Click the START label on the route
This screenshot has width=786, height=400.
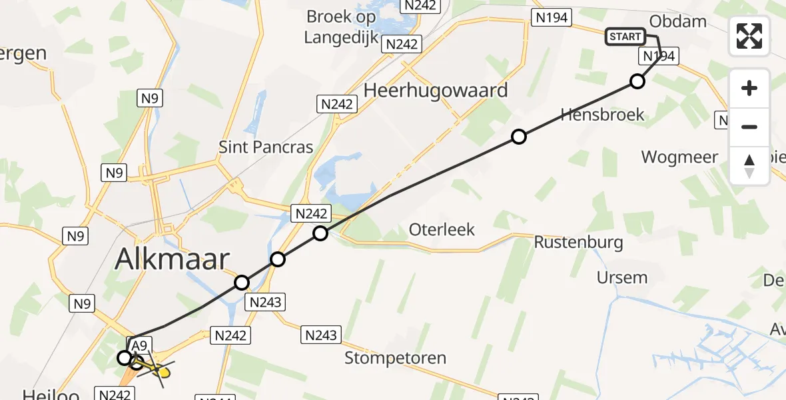[625, 37]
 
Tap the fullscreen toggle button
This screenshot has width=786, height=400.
[749, 36]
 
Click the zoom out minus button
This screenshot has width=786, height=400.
[749, 127]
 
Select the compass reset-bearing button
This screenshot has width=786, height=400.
[749, 165]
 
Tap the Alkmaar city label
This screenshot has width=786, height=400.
[173, 259]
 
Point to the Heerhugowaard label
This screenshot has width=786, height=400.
[436, 90]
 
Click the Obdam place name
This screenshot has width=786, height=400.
[677, 21]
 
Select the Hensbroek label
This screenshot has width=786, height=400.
[602, 115]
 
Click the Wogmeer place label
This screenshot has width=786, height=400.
[679, 157]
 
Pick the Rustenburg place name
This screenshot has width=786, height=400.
[578, 242]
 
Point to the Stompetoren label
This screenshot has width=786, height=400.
[395, 358]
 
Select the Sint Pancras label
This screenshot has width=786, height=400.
[266, 147]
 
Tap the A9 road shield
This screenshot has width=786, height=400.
[139, 345]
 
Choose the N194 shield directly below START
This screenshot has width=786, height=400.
[658, 56]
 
